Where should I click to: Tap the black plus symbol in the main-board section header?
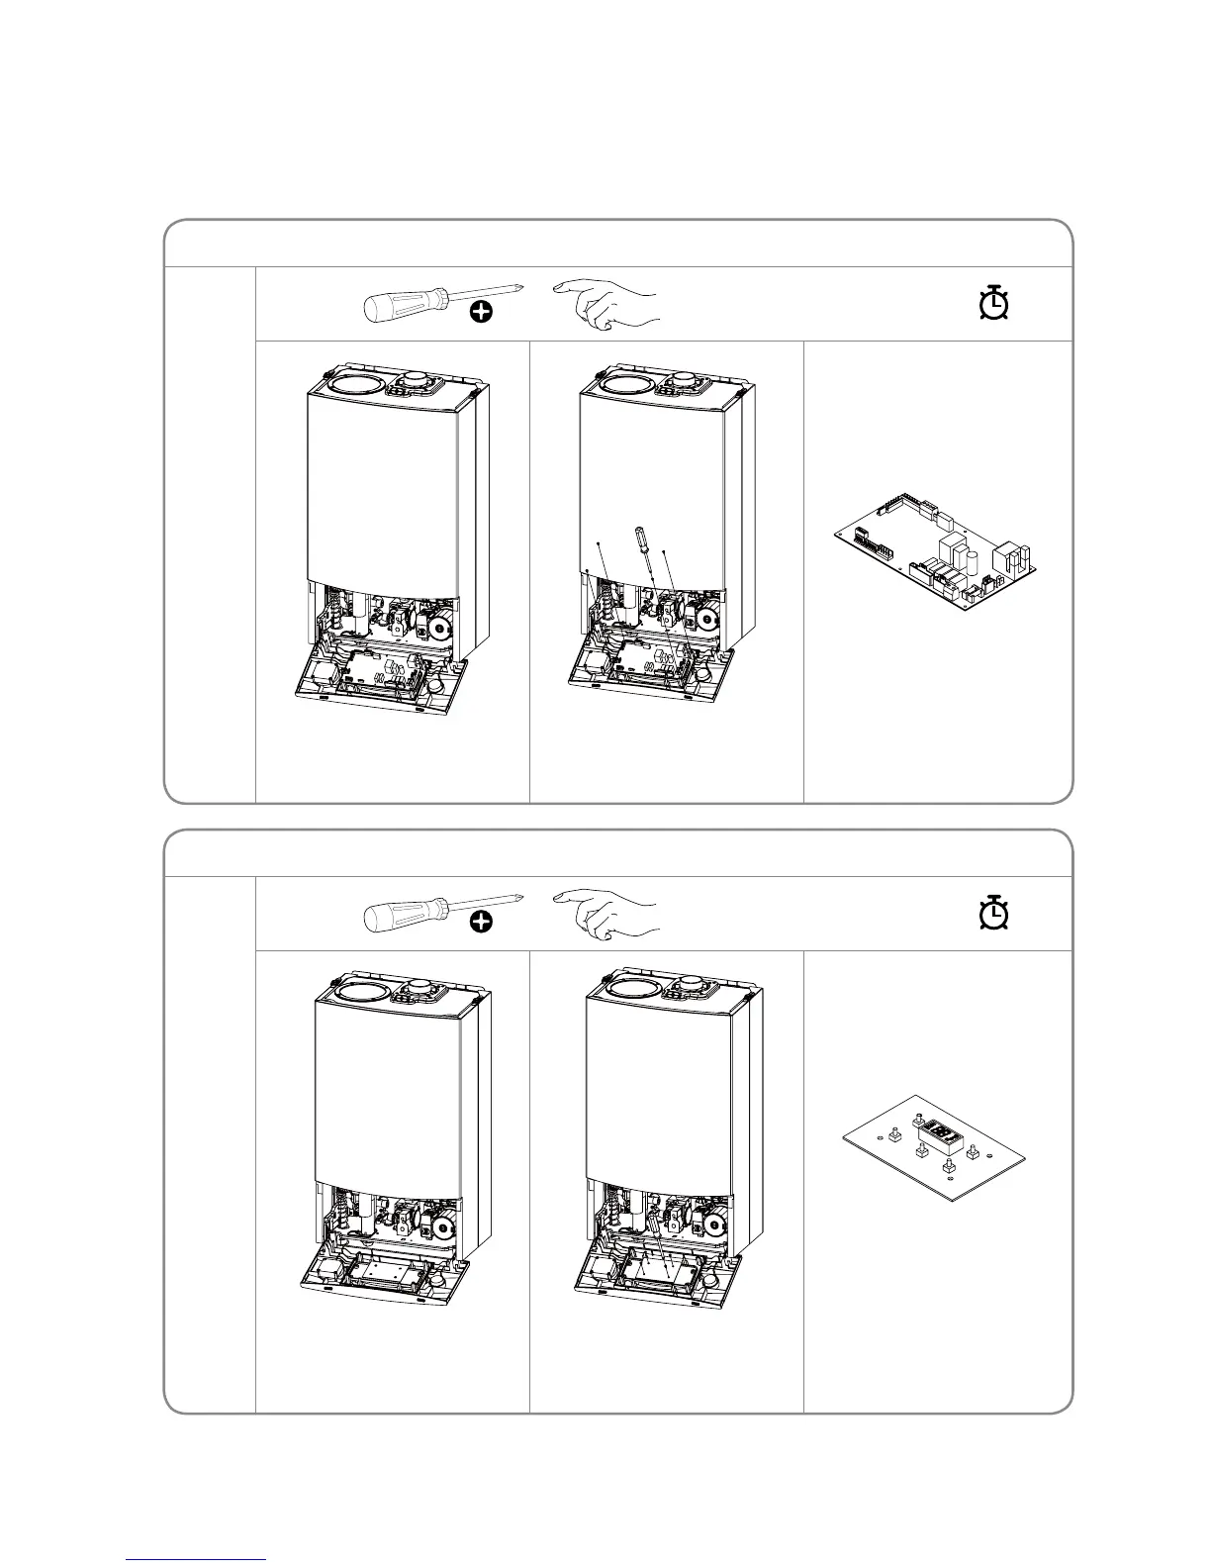point(481,313)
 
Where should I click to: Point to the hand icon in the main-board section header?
point(605,301)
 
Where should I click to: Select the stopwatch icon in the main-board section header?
point(993,303)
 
